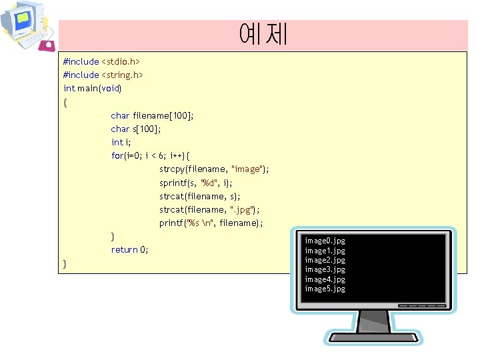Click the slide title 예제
[263, 33]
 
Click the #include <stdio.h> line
[101, 61]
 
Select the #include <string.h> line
[103, 75]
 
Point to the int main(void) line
[93, 88]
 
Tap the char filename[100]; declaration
[152, 115]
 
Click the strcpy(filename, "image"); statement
[214, 169]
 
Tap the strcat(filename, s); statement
[200, 196]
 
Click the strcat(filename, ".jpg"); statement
[209, 209]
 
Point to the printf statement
[211, 223]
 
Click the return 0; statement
[129, 249]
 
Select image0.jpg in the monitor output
[325, 240]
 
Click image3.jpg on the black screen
[325, 269]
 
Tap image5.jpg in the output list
[325, 289]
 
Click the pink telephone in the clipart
[47, 45]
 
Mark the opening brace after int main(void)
[65, 102]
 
